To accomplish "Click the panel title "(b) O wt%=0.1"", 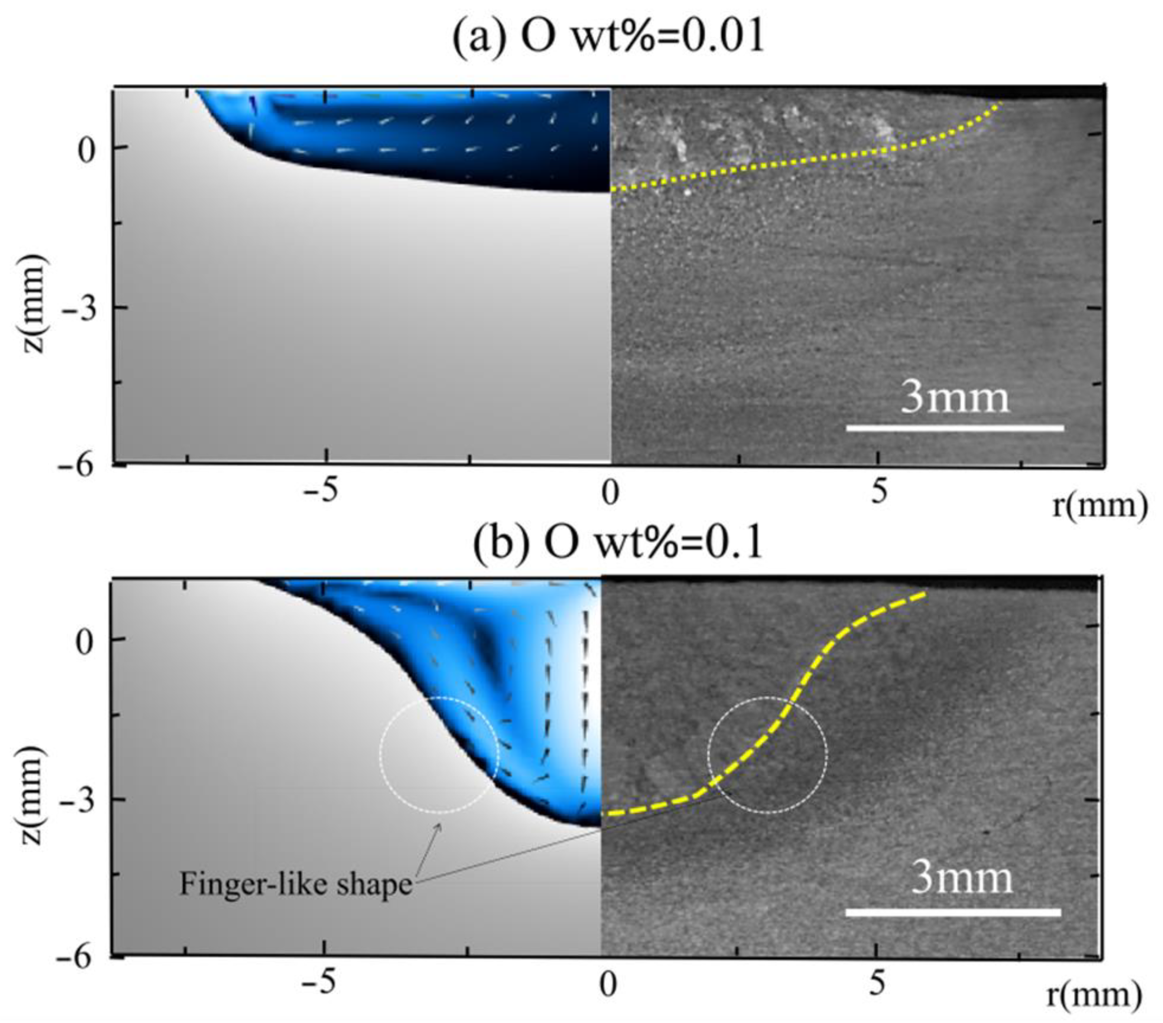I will click(617, 545).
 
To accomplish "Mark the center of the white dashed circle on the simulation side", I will click(439, 755).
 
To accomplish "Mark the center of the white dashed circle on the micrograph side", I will click(767, 755).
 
